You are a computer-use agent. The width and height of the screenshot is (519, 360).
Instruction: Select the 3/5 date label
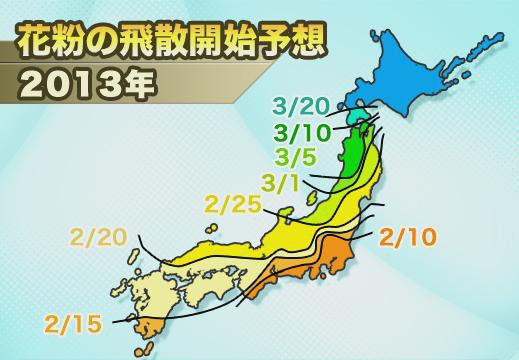(x=296, y=158)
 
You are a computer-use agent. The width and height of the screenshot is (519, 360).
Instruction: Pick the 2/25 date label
(x=232, y=208)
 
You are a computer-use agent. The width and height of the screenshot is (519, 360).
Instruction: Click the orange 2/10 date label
(x=410, y=237)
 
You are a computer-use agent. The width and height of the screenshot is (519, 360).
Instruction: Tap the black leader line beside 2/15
(x=122, y=320)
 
